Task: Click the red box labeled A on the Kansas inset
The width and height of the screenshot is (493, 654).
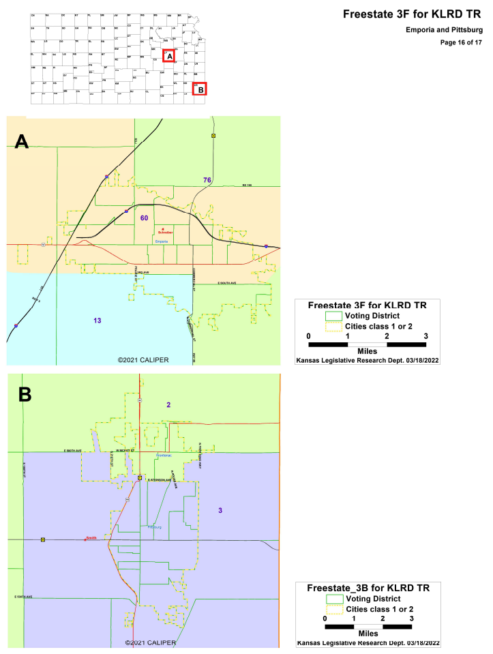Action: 169,57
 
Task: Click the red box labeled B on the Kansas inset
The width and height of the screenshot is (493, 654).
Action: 199,89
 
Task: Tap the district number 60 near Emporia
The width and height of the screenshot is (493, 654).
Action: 144,218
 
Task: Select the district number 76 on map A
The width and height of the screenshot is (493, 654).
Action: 207,179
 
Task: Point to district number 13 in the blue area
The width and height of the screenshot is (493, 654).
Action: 98,320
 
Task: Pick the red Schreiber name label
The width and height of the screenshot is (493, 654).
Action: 166,233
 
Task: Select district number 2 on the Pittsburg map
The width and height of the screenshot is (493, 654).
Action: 168,405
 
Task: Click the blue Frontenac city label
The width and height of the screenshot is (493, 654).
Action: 164,456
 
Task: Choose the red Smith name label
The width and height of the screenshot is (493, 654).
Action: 91,539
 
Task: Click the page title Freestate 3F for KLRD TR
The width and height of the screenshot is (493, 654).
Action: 413,14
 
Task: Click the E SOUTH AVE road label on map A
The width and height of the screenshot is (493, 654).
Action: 226,283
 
